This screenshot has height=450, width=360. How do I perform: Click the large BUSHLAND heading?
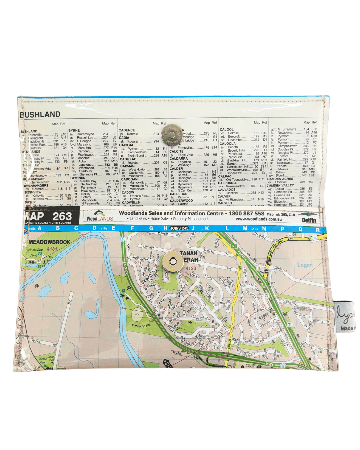40,115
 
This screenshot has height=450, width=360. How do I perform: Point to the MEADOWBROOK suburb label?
49,242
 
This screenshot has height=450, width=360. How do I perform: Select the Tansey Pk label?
141,326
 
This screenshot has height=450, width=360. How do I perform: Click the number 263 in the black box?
62,216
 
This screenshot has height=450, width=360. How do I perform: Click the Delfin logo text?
309,220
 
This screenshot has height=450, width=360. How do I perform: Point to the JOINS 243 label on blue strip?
179,228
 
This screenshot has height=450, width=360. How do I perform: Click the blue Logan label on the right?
305,265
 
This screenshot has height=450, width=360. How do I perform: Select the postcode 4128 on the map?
191,268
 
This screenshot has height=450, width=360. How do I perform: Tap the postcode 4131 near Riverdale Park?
52,249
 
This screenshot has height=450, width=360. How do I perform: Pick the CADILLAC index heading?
128,159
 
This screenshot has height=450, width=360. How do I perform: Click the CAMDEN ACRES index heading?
280,179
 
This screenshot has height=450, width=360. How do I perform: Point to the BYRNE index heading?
74,131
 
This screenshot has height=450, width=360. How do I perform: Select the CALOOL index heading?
227,129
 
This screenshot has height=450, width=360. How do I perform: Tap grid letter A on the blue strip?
40,228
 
